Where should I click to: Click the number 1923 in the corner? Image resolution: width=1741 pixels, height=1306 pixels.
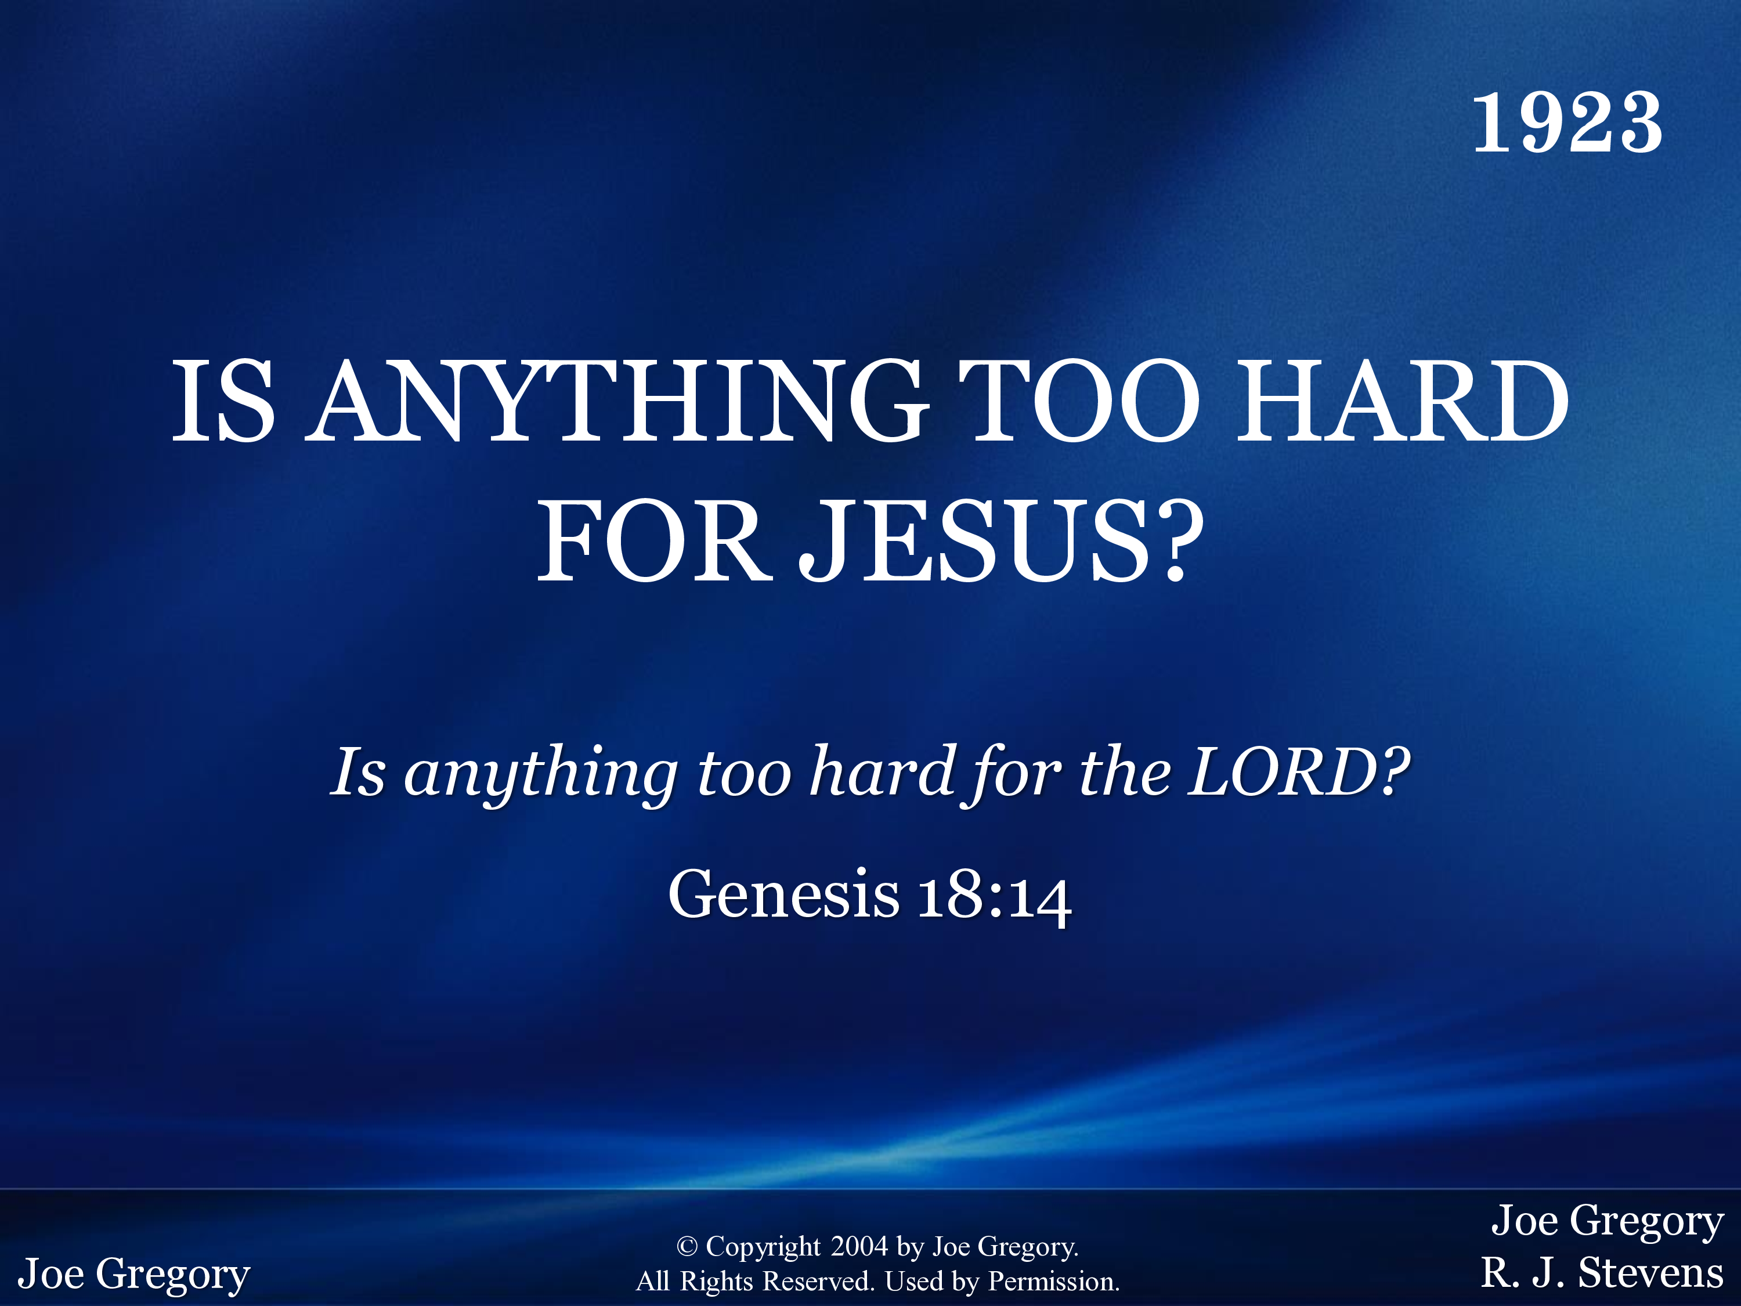tap(1567, 123)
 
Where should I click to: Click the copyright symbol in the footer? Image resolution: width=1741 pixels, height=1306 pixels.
tap(687, 1247)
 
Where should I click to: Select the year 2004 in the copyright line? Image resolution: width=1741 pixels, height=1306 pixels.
tap(859, 1247)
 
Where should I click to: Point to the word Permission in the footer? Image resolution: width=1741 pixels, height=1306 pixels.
tap(1053, 1282)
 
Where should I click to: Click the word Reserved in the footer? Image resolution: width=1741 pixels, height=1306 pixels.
tap(818, 1282)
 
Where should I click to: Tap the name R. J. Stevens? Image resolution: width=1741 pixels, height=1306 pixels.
tap(1602, 1273)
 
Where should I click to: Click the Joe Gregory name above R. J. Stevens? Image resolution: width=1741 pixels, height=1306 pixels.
tap(1607, 1222)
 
